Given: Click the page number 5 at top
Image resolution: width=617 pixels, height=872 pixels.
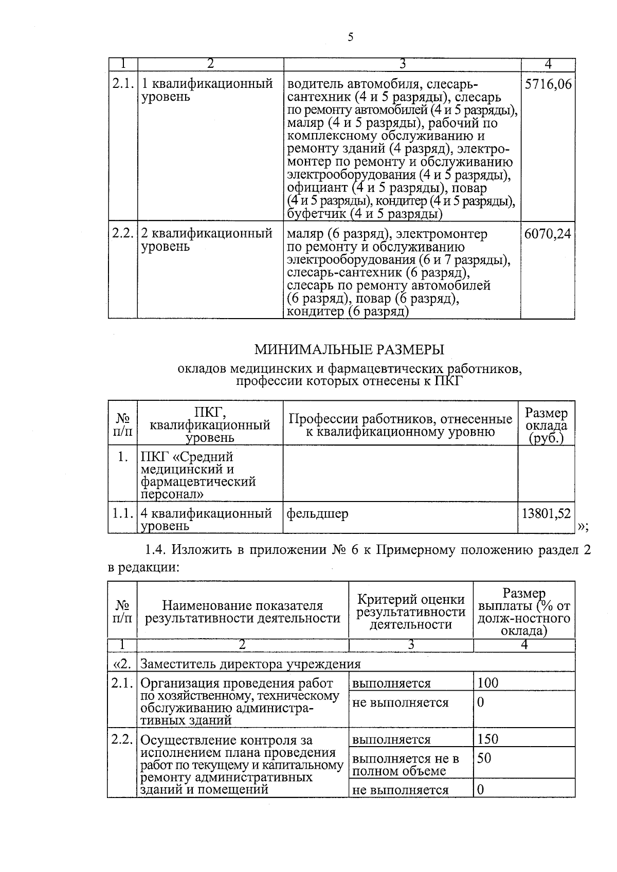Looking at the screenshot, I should click(351, 37).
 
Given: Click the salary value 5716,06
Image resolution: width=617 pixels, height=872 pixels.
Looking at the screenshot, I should click(548, 84).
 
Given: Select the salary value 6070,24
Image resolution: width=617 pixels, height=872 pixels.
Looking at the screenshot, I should click(548, 234).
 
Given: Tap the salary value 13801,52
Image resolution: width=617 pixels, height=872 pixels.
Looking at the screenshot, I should click(546, 513).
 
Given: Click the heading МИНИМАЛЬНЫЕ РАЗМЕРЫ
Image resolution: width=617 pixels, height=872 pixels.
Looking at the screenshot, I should click(349, 350).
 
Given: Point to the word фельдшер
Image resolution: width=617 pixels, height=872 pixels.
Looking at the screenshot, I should click(317, 513).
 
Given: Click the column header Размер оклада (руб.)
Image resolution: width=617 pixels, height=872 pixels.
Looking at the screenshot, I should click(546, 425).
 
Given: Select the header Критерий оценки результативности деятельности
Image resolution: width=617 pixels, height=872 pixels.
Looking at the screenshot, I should click(411, 611).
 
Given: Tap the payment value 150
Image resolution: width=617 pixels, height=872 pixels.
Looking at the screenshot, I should click(487, 739).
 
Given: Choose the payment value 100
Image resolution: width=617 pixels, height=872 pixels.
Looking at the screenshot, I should click(487, 683).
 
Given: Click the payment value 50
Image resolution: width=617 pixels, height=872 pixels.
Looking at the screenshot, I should click(484, 758).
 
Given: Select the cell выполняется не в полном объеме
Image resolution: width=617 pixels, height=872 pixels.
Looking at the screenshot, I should click(405, 765).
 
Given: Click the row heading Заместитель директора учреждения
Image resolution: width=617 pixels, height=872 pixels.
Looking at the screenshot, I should click(250, 664).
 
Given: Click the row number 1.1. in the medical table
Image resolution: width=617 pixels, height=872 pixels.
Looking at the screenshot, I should click(123, 513).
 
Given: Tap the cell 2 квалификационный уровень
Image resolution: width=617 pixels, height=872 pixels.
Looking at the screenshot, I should click(207, 240).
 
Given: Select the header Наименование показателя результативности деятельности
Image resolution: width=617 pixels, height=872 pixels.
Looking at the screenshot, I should click(243, 611).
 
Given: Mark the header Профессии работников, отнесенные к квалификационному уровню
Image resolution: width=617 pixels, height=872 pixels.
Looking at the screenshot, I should click(401, 425).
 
